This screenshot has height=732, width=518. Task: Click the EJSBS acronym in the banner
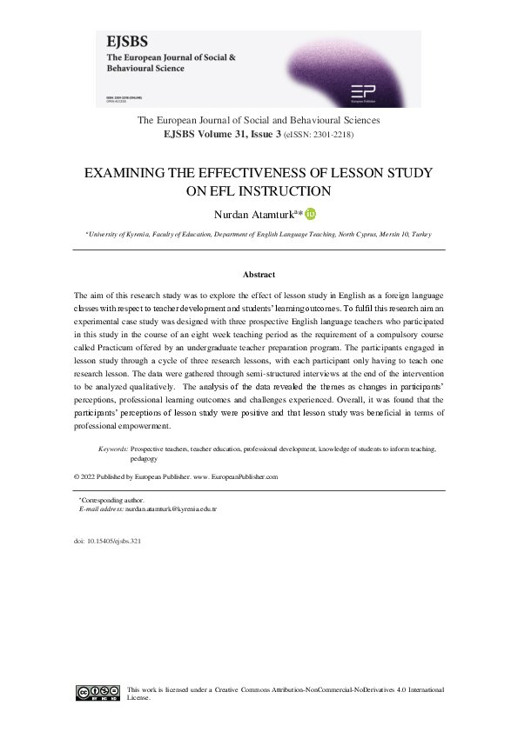(126, 41)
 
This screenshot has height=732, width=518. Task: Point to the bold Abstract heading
(259, 275)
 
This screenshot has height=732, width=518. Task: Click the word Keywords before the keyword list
(113, 449)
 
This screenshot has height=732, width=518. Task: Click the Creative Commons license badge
(98, 693)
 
